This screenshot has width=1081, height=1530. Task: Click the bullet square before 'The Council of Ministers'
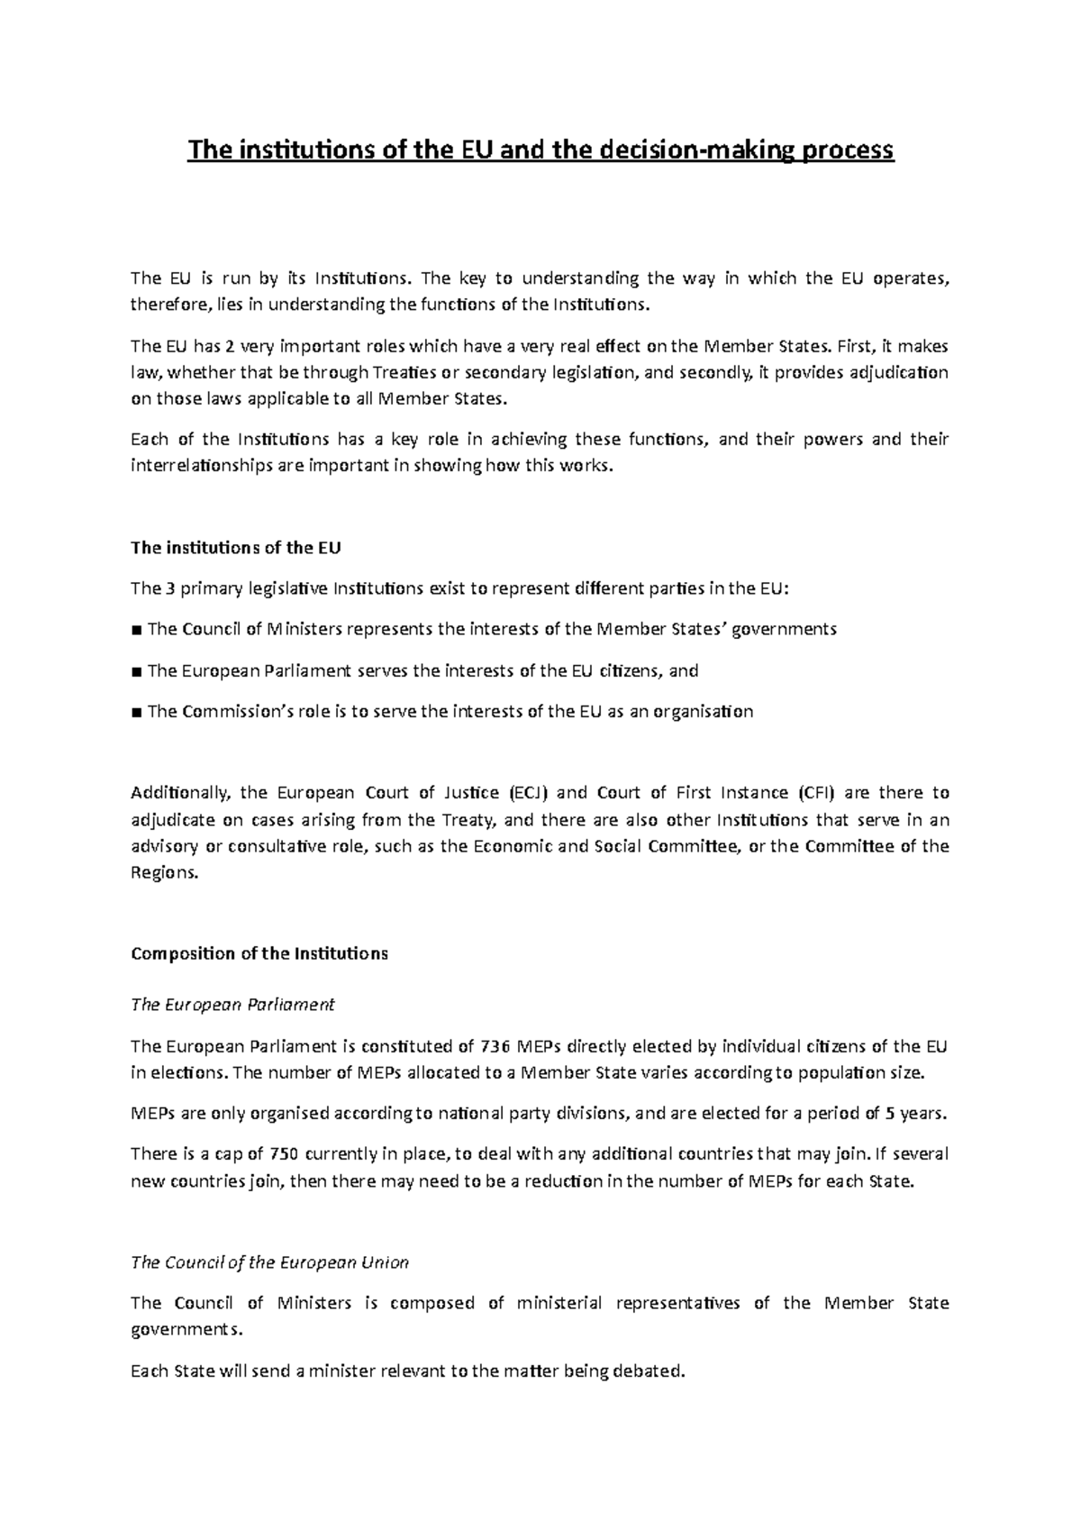click(x=136, y=630)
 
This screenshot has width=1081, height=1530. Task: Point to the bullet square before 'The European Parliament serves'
click(x=136, y=671)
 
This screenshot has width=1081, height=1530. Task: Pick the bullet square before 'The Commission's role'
click(x=136, y=712)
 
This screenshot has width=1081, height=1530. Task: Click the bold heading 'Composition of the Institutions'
click(x=259, y=953)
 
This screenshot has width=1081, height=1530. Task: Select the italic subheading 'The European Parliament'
click(x=232, y=1004)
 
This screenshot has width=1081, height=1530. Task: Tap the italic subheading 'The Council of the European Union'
click(x=269, y=1262)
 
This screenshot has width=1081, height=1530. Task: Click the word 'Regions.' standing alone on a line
click(x=163, y=873)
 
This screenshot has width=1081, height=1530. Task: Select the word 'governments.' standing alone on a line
click(x=186, y=1330)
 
